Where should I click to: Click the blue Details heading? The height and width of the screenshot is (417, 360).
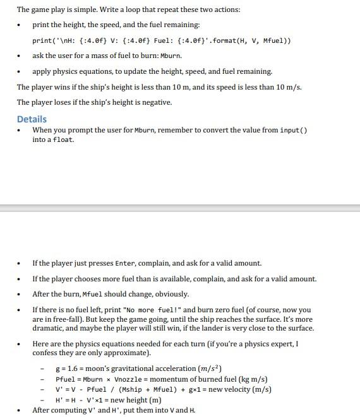pos(32,119)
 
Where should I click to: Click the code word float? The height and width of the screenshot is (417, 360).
pos(64,140)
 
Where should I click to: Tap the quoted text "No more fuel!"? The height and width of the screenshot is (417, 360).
pos(145,310)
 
